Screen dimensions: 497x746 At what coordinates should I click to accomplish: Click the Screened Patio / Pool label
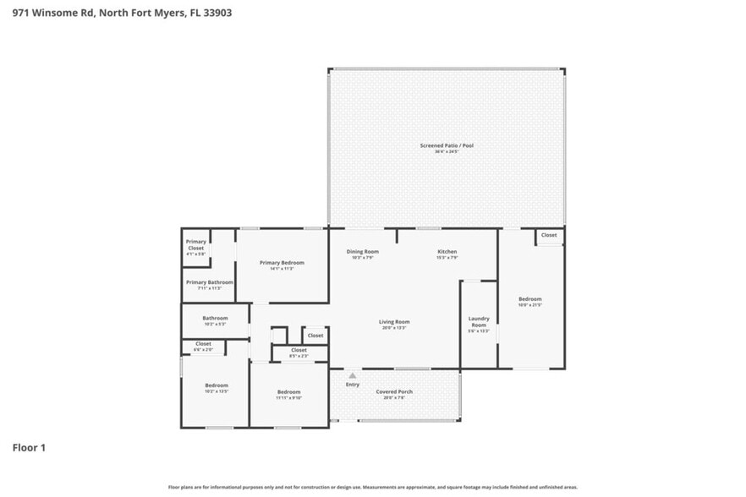click(x=447, y=145)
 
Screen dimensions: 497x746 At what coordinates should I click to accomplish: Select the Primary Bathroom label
click(x=209, y=282)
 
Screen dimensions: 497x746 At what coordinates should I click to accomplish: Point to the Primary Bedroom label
click(x=281, y=263)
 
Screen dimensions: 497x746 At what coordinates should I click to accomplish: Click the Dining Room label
click(x=362, y=252)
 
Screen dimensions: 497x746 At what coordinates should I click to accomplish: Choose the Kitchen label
click(x=447, y=252)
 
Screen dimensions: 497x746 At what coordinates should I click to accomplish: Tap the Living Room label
click(x=394, y=322)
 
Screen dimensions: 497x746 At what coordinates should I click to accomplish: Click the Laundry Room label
click(x=479, y=322)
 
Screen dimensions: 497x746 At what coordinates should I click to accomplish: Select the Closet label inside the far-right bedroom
click(x=549, y=235)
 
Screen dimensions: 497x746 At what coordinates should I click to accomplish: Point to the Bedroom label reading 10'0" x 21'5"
click(x=530, y=299)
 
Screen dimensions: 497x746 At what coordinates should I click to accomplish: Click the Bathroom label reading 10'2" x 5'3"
click(x=215, y=319)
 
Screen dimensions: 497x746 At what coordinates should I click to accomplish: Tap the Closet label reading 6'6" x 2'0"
click(x=203, y=344)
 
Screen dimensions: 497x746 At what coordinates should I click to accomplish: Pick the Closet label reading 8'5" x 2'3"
click(x=299, y=350)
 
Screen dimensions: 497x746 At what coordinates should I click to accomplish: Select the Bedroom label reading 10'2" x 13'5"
click(x=217, y=385)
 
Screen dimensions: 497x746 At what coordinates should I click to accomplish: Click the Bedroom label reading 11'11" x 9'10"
click(x=289, y=392)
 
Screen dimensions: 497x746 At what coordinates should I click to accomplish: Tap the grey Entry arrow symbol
click(x=352, y=375)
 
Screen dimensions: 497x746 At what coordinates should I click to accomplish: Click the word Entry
click(x=352, y=385)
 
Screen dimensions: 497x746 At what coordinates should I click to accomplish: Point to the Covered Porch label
click(x=394, y=392)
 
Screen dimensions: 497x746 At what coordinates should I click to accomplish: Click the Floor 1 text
click(x=29, y=447)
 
